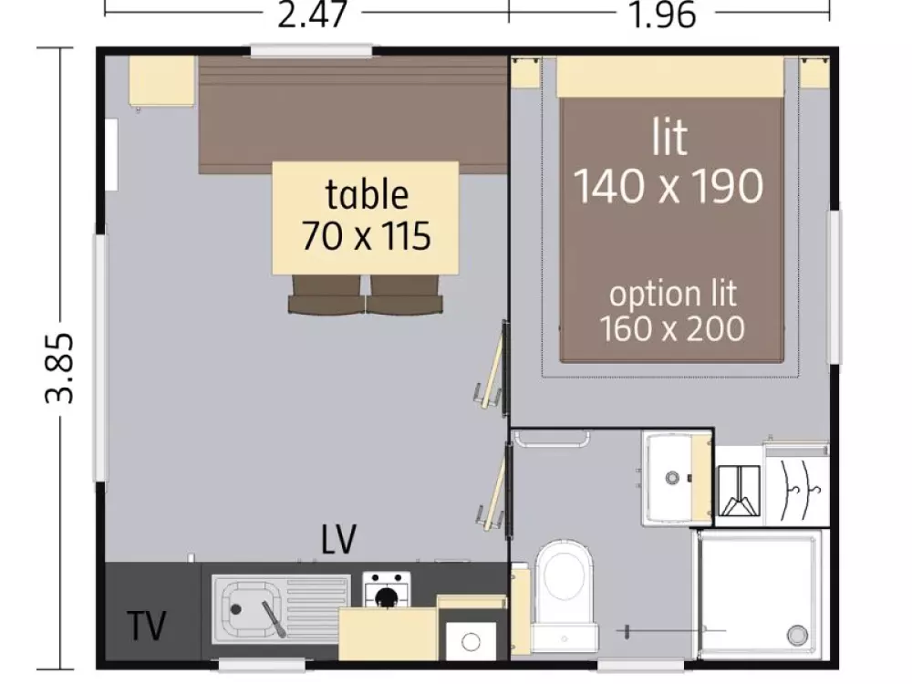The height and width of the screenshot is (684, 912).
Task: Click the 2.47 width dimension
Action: point(312,15)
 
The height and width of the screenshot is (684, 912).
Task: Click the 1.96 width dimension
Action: point(662,15)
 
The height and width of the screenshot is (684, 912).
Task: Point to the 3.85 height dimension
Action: point(60,368)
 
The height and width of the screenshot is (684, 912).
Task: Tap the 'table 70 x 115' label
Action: point(367,215)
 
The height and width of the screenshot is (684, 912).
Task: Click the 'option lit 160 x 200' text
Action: point(672,311)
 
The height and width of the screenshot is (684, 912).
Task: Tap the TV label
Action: point(147,626)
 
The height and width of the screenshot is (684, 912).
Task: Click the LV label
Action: point(338,539)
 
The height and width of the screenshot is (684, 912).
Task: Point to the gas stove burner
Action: point(386,596)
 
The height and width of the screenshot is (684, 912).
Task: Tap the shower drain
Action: point(797,634)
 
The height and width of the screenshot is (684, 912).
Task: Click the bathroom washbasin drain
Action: point(672,478)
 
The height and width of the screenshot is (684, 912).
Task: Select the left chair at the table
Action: point(326,295)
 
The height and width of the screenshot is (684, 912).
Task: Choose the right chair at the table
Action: point(404,295)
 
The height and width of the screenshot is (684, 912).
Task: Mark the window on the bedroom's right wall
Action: point(834,286)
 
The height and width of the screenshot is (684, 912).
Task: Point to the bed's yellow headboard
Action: point(669,77)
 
